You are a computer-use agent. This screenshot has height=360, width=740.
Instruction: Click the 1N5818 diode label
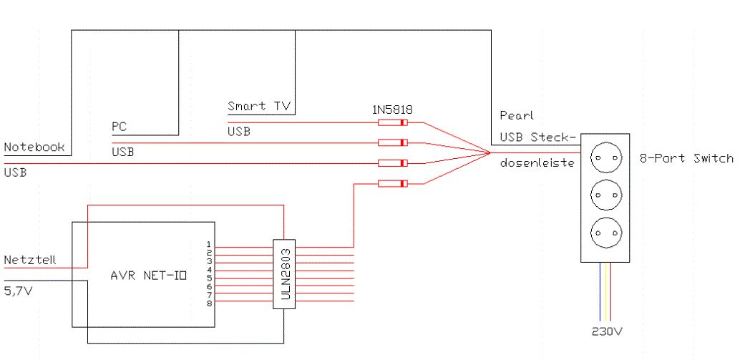click(x=391, y=110)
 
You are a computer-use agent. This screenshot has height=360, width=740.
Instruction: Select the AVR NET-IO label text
click(x=148, y=276)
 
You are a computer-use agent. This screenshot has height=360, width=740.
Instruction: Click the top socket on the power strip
click(x=605, y=157)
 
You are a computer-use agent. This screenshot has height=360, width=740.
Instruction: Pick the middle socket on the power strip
click(x=605, y=195)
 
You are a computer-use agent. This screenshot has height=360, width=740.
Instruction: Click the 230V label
click(x=608, y=331)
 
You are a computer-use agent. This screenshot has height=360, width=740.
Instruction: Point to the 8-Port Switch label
click(x=686, y=159)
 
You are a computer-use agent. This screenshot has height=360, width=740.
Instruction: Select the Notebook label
click(x=34, y=147)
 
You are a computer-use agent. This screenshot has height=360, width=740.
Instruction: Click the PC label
click(x=119, y=127)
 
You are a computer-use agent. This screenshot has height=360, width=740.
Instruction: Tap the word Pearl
click(x=517, y=116)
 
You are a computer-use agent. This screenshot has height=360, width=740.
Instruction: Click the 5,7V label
click(x=19, y=291)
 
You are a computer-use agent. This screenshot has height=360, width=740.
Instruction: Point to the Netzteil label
click(x=30, y=260)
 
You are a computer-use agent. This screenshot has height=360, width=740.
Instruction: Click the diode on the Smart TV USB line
click(x=393, y=122)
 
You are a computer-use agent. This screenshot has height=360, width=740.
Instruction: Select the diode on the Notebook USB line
click(x=393, y=163)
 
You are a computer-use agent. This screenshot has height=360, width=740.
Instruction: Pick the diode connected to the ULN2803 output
click(x=393, y=183)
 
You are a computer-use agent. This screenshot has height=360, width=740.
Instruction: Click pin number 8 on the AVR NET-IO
click(x=209, y=303)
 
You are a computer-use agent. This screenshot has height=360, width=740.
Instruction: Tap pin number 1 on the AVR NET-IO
click(x=209, y=244)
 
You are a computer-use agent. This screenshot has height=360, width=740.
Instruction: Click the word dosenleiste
click(x=537, y=162)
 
